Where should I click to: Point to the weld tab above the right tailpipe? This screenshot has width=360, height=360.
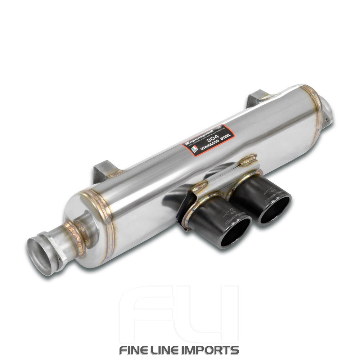pyautogui.click(x=249, y=160)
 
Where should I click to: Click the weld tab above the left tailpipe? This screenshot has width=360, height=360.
pyautogui.click(x=200, y=186)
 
